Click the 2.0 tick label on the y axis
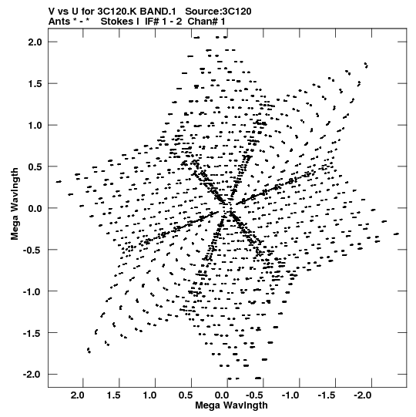point(35,42)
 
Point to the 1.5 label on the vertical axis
point(35,84)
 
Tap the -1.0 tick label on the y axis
point(32,291)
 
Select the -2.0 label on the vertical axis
point(32,375)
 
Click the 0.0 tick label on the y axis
point(35,208)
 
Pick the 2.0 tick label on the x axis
point(78,395)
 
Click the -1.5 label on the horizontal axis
point(327,395)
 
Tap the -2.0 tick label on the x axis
point(363,395)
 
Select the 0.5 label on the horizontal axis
point(186,395)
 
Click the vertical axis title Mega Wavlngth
point(15,204)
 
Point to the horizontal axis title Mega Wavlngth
point(231,405)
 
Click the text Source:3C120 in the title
point(218,12)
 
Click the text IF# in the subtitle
point(152,22)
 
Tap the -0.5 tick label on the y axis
point(32,250)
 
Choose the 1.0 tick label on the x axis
point(149,395)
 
